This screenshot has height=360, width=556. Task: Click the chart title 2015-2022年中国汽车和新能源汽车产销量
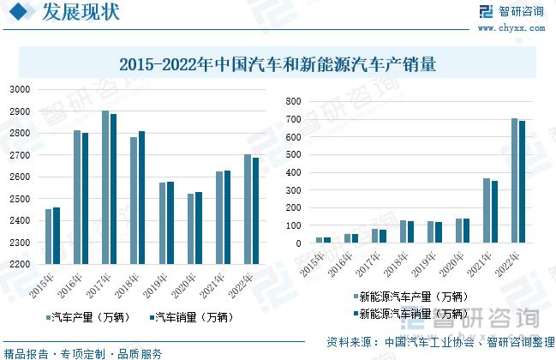tap(278, 63)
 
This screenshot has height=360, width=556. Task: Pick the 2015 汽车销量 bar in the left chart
tap(57, 236)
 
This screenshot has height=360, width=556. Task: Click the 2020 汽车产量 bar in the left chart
tap(191, 229)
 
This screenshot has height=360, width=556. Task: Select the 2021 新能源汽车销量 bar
tap(494, 212)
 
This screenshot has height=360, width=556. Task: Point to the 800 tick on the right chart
tap(293, 101)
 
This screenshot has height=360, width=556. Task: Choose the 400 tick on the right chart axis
tap(293, 172)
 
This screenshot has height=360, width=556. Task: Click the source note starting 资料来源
tap(436, 340)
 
